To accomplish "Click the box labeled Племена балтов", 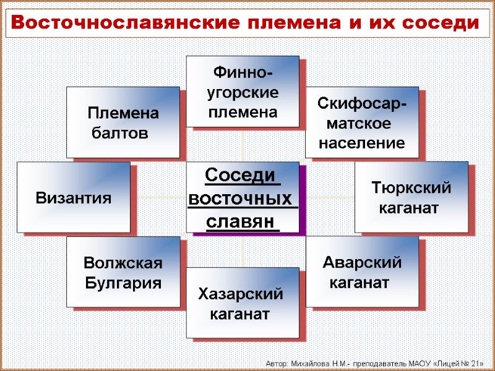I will [123, 122].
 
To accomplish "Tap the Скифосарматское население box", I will [362, 123].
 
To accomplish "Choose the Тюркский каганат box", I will [411, 197].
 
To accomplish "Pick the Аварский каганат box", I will [362, 272].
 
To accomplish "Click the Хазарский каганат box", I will [243, 303].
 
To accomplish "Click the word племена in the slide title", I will [295, 23].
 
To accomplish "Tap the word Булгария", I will [123, 283].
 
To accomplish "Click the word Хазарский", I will [241, 294].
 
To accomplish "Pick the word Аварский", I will [362, 263].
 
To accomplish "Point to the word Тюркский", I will [411, 187].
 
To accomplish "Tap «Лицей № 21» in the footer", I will [457, 362].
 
